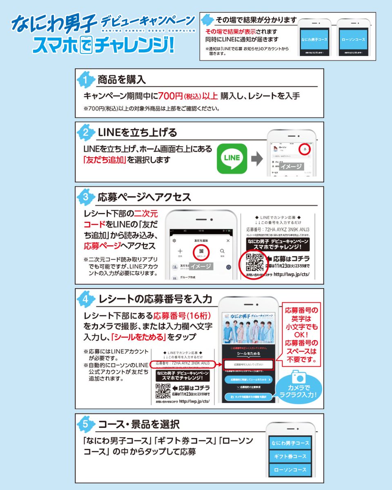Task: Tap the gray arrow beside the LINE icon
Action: [256, 159]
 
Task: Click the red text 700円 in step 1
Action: [171, 97]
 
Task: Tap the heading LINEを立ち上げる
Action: [138, 132]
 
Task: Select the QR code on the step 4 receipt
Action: [163, 392]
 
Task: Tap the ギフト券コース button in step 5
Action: [290, 456]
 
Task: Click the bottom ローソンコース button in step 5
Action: [290, 470]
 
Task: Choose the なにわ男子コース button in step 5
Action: [290, 443]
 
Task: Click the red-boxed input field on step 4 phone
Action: [248, 364]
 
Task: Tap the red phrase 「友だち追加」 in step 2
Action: [104, 160]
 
